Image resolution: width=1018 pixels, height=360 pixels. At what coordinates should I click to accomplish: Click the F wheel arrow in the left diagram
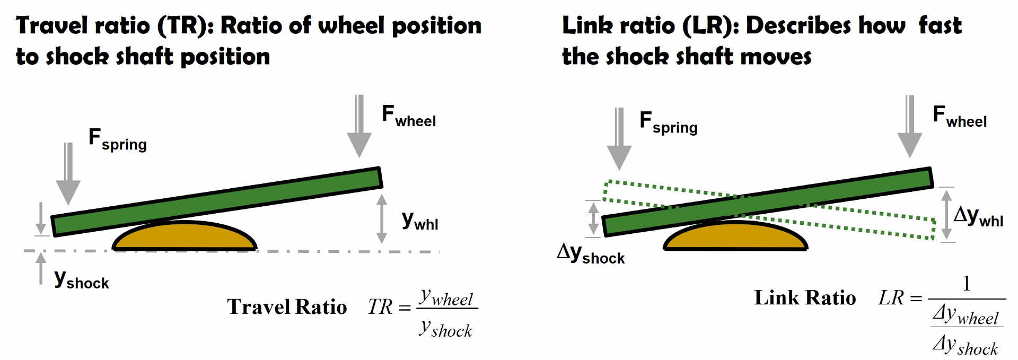(359, 127)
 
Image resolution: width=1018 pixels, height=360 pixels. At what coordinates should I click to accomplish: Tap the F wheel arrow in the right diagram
(910, 127)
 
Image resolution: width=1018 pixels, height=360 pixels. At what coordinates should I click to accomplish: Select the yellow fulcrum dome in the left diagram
(185, 237)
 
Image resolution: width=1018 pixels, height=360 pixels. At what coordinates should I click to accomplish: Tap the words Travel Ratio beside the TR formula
(287, 307)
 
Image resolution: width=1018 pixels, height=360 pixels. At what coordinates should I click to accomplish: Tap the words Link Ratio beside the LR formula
(805, 298)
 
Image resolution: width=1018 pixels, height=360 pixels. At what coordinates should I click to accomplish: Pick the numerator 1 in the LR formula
(967, 284)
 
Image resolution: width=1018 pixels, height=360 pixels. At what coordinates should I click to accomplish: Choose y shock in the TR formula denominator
(446, 329)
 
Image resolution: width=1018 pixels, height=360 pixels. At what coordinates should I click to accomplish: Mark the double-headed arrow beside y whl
(381, 218)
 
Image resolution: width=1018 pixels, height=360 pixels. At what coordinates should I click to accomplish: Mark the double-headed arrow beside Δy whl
(946, 215)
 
